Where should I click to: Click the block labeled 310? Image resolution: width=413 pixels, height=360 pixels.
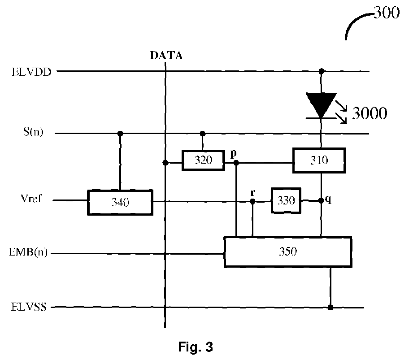click(x=319, y=160)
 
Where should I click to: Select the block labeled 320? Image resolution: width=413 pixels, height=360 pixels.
click(x=203, y=160)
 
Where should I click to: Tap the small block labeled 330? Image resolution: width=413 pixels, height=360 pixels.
click(x=286, y=200)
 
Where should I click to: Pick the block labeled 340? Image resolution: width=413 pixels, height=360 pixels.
click(x=120, y=202)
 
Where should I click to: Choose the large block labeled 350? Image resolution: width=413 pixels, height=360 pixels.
click(x=288, y=252)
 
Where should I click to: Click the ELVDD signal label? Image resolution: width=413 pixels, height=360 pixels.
click(x=31, y=72)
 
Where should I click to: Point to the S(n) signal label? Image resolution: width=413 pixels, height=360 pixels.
click(x=33, y=132)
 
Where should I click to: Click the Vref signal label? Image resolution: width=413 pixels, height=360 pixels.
click(x=31, y=198)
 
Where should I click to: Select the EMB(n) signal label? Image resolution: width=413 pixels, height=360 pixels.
click(x=28, y=252)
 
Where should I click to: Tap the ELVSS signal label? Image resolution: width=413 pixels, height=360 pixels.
click(x=29, y=307)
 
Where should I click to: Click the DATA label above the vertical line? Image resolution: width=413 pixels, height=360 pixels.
click(x=166, y=55)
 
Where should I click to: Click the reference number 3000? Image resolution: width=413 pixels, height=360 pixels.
click(x=370, y=113)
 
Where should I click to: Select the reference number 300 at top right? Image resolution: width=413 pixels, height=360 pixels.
click(x=387, y=13)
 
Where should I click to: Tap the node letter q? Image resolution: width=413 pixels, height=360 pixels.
click(x=328, y=200)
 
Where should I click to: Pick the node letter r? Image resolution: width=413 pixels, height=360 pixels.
click(x=253, y=193)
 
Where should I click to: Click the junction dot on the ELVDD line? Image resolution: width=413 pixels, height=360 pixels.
click(x=321, y=71)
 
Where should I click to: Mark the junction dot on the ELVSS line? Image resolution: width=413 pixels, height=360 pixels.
click(x=330, y=308)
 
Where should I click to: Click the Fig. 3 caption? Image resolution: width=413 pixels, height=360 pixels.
click(x=196, y=347)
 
